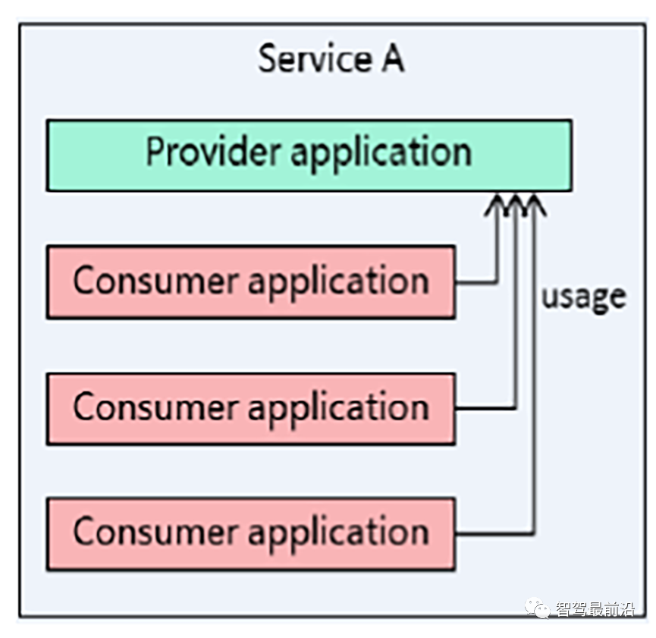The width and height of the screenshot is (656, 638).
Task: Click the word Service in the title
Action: click(315, 58)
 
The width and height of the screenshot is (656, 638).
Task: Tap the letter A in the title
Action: click(393, 58)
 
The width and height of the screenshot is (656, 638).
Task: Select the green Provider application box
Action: click(309, 156)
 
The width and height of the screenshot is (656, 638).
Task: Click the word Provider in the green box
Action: click(213, 151)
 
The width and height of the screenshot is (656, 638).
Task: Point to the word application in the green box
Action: click(381, 154)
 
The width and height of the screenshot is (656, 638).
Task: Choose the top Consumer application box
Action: click(251, 282)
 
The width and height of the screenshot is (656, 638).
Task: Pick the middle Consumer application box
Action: click(251, 409)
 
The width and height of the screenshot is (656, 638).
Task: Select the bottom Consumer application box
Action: click(251, 534)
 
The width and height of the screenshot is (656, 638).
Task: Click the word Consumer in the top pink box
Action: click(155, 281)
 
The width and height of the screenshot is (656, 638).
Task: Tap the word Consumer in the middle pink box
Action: click(155, 407)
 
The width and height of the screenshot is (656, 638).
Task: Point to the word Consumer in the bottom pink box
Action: click(155, 532)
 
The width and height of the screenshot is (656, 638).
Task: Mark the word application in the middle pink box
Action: click(339, 410)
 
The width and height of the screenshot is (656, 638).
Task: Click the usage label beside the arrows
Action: click(584, 298)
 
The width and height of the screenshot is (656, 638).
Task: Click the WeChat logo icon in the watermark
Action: click(538, 608)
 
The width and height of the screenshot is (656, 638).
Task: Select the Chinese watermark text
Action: click(595, 609)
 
